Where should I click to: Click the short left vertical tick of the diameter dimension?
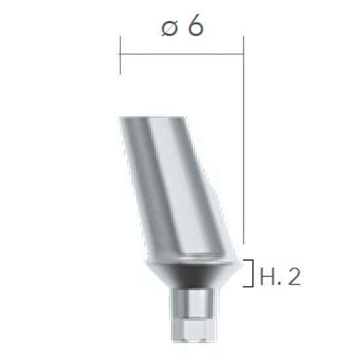click(x=120, y=55)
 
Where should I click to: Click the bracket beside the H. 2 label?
click(x=249, y=274)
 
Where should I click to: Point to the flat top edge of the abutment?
click(x=151, y=118)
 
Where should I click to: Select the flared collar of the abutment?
click(x=190, y=265)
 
